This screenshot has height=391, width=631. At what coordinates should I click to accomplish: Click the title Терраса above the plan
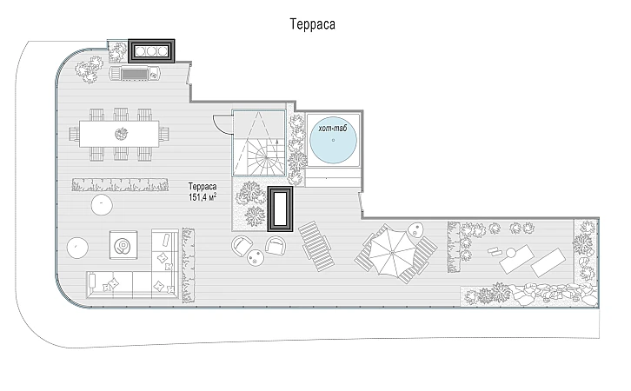click(x=312, y=24)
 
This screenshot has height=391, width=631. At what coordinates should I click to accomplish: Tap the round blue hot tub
click(x=333, y=140)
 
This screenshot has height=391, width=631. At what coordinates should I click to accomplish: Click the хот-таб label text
click(x=332, y=129)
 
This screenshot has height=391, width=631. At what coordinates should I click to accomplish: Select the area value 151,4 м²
click(x=203, y=197)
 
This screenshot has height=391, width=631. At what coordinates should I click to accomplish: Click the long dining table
click(x=119, y=134)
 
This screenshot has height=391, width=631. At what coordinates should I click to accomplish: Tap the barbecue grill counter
click(x=136, y=74)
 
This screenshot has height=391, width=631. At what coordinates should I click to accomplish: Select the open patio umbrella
click(x=392, y=253)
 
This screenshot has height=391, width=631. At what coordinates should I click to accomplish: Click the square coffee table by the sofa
click(x=123, y=245)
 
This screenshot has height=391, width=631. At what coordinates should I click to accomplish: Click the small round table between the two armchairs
click(x=256, y=257)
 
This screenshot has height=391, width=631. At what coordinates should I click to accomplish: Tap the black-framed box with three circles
click(x=151, y=51)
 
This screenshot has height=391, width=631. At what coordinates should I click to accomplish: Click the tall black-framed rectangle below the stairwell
click(x=280, y=209)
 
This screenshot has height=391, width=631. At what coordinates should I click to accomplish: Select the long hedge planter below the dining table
click(x=120, y=184)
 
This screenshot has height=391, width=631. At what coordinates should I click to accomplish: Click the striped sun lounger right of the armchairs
click(x=316, y=246)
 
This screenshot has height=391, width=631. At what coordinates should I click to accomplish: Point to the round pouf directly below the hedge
click(x=102, y=205)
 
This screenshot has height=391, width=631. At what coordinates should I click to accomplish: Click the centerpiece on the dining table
click(x=121, y=134)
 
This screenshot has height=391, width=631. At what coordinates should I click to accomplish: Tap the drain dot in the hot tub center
click(x=333, y=140)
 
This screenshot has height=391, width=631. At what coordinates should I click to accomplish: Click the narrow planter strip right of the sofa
click(x=188, y=266)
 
